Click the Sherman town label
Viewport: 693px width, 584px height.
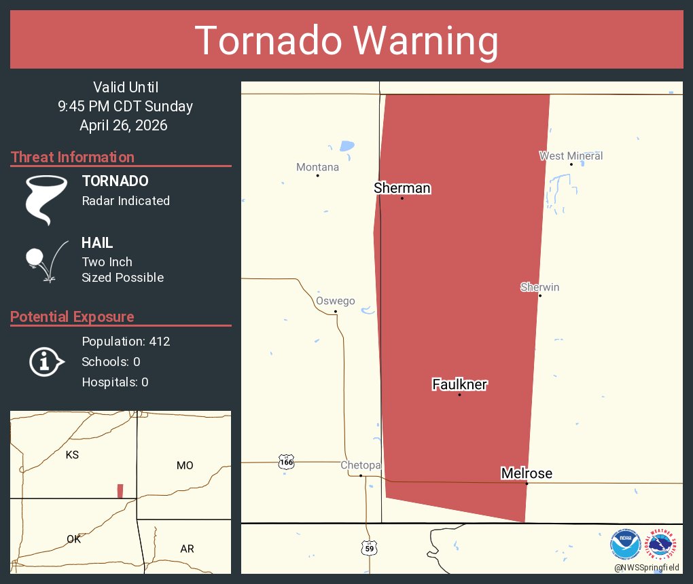(x=402, y=188)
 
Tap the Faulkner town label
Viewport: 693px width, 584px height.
(x=460, y=384)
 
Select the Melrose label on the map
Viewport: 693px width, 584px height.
(x=526, y=473)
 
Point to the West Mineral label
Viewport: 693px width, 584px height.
(x=571, y=156)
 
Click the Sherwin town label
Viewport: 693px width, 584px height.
(x=539, y=287)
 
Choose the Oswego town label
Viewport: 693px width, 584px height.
(x=335, y=301)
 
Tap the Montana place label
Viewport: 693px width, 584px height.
(x=317, y=167)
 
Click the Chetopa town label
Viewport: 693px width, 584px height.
(x=360, y=465)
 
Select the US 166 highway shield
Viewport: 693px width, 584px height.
(x=286, y=462)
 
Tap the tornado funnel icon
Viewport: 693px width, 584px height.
(x=46, y=199)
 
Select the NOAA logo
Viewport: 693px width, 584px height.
(x=625, y=544)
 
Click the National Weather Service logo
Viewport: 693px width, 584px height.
(x=663, y=544)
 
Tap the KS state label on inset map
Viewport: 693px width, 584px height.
(x=72, y=455)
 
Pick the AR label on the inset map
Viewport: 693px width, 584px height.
(x=188, y=549)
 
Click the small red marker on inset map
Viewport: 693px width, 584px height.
(x=120, y=491)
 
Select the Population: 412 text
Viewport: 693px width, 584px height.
(x=126, y=341)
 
